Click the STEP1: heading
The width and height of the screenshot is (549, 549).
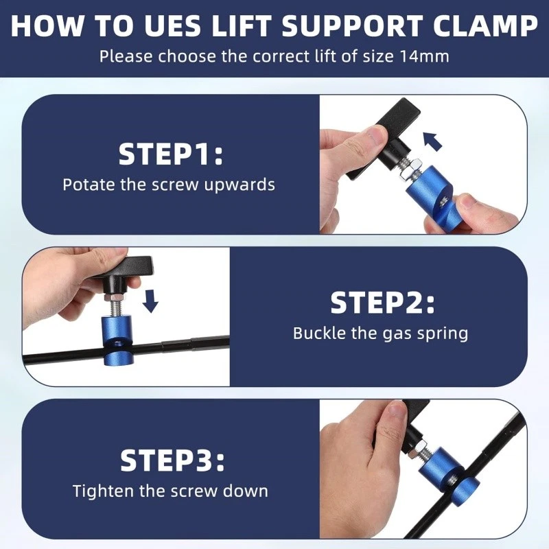(170, 154)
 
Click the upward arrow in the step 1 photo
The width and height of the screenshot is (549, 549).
(433, 141)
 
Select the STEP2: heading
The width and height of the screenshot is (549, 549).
(382, 303)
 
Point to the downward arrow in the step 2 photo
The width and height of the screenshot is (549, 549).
(150, 301)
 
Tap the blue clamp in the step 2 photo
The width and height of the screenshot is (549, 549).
(117, 340)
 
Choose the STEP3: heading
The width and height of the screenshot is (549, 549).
(172, 460)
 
